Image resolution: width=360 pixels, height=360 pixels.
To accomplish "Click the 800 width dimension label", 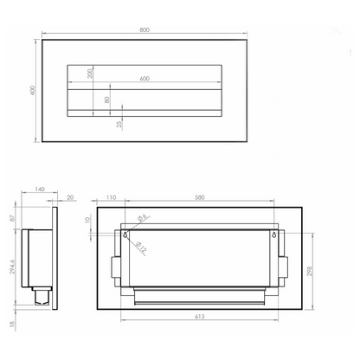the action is pyautogui.click(x=145, y=29).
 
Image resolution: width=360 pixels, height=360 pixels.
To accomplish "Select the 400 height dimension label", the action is pyautogui.click(x=33, y=90).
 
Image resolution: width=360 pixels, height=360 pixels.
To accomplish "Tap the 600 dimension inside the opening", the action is pyautogui.click(x=145, y=79).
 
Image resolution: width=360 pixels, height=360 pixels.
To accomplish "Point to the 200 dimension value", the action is pyautogui.click(x=90, y=74).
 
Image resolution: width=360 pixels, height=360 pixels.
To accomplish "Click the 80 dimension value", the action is pyautogui.click(x=107, y=100).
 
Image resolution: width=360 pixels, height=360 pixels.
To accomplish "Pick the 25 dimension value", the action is pyautogui.click(x=119, y=124).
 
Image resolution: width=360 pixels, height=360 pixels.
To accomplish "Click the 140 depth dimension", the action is pyautogui.click(x=40, y=190).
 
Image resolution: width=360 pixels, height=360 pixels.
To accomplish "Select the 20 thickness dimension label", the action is pyautogui.click(x=70, y=197).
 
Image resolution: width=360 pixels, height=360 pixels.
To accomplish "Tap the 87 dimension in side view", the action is pyautogui.click(x=12, y=218).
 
